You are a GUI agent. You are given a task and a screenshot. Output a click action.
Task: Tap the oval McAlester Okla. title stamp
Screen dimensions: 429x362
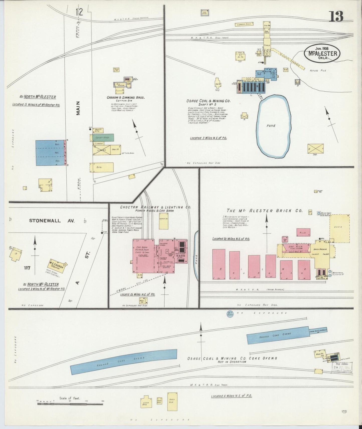(322, 53)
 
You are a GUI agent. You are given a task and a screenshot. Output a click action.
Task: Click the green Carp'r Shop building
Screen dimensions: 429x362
(103, 137)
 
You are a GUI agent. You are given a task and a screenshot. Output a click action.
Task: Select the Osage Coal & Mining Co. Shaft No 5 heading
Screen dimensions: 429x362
(208, 103)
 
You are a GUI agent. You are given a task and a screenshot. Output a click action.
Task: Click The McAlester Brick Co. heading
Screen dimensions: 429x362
(264, 211)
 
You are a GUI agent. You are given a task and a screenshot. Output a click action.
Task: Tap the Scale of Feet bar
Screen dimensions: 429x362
(70, 403)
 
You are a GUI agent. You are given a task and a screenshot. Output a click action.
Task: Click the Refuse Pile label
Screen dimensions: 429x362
(318, 71)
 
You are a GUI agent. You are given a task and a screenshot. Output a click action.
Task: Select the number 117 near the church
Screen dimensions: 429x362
(27, 268)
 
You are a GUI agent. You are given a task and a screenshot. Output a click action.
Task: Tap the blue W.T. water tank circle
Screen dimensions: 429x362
(230, 314)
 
